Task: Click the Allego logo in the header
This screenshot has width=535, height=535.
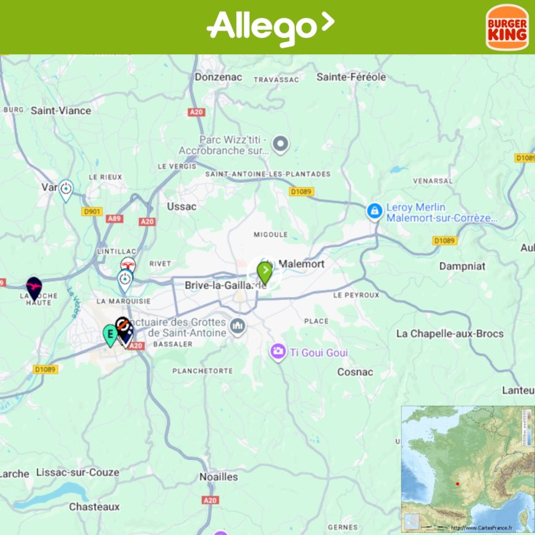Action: coord(270,27)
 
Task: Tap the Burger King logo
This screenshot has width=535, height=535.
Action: coord(506,28)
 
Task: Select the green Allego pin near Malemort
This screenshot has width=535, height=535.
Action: coord(265,272)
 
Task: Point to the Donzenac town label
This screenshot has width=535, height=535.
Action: coord(218,77)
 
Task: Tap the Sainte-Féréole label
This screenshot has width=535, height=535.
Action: coord(351,77)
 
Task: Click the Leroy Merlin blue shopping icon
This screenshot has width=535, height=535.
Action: coord(374,211)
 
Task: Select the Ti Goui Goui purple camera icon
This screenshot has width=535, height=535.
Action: coord(277,352)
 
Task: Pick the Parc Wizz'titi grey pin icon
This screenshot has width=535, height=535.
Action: coord(281,145)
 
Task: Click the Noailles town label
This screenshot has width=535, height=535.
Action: coord(218,477)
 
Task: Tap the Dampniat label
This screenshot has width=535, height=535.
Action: coord(462,266)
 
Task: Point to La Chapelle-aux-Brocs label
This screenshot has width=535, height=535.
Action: coord(449,334)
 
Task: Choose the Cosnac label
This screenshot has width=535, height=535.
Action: coord(355,372)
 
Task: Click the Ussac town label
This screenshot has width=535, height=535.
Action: coord(181,206)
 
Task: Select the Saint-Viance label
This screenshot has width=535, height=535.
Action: coord(61,111)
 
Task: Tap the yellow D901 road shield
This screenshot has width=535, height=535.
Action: coord(93,212)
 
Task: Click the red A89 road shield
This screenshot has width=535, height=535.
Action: coord(115,219)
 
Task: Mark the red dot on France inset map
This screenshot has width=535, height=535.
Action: coord(457,484)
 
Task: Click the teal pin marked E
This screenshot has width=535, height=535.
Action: coord(110,334)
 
